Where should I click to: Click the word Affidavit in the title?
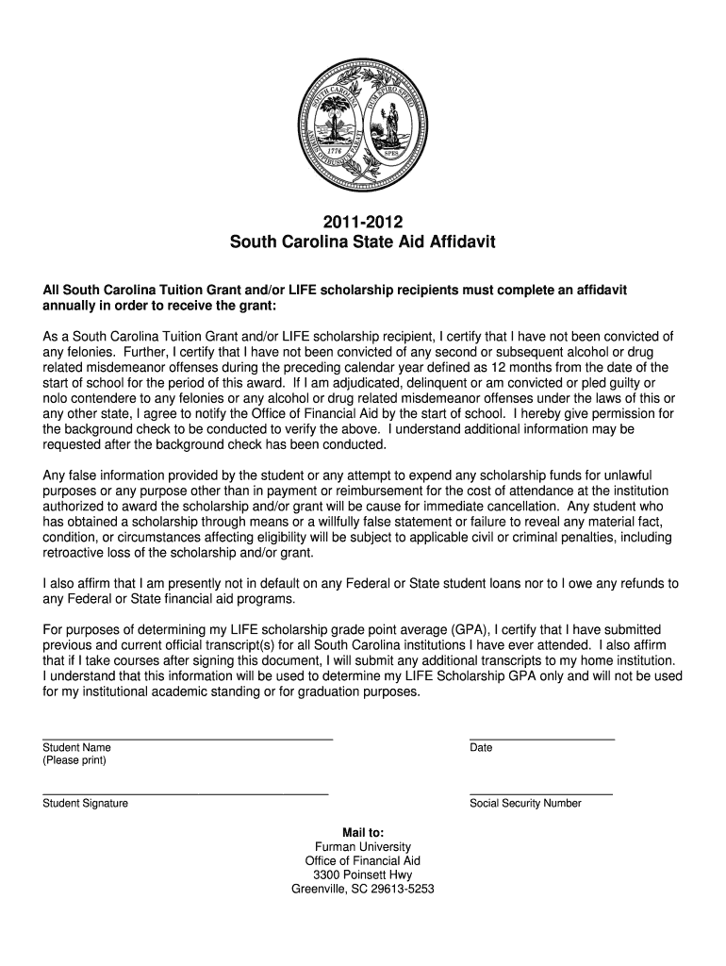pos(457,242)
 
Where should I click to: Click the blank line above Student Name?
pos(188,738)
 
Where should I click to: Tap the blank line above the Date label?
pos(542,738)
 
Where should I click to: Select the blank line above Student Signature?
pos(185,793)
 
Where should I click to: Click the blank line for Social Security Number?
pos(540,793)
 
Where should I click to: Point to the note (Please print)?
pos(74,760)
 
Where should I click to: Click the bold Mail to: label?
pos(363,833)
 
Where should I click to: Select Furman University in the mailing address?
pos(363,847)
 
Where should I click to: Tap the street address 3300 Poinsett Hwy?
pos(363,874)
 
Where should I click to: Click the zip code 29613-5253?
pos(401,889)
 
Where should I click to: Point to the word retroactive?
pos(75,553)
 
